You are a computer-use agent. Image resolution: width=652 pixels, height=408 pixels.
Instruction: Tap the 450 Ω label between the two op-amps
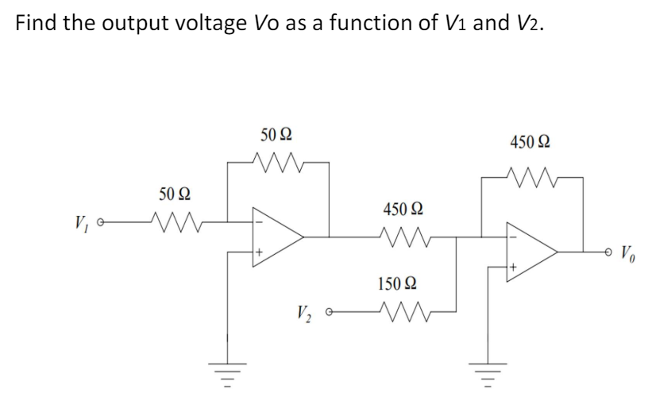pos(402,210)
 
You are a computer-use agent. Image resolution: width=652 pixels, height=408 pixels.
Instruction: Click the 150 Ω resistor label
pos(402,283)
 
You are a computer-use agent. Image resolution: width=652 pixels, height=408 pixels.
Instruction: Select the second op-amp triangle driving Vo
pos(533,252)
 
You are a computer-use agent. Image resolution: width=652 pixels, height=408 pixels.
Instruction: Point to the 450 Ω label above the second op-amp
pos(533,143)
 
